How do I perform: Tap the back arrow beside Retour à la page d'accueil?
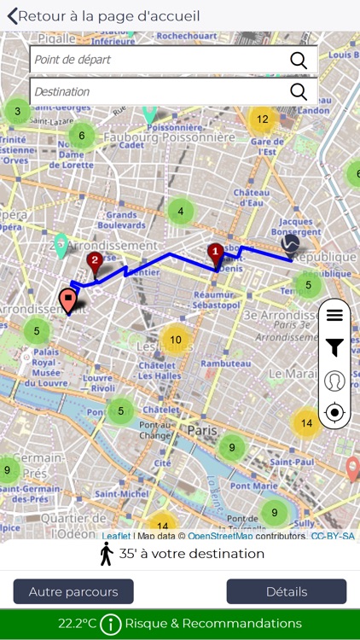click(12, 15)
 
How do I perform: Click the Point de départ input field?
click(158, 60)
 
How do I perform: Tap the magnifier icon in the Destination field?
click(299, 91)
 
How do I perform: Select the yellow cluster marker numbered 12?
click(262, 119)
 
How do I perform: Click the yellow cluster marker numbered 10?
click(175, 340)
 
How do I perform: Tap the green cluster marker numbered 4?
click(180, 211)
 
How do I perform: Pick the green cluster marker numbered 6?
click(82, 135)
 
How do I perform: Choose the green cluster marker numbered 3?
click(17, 111)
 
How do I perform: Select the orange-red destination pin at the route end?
click(67, 300)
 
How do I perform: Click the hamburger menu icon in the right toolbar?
click(334, 315)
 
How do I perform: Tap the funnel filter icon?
click(334, 346)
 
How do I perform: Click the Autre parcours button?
click(73, 591)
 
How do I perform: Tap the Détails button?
click(286, 591)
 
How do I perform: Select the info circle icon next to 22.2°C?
click(111, 624)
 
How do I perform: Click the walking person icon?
click(106, 554)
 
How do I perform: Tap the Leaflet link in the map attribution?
click(116, 536)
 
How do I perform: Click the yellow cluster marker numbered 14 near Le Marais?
click(306, 422)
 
